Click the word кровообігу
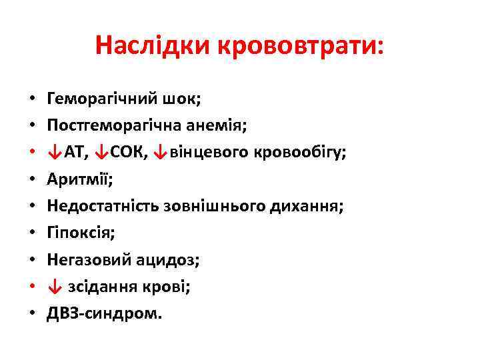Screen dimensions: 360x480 (x=298, y=153)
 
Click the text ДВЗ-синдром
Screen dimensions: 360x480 (x=104, y=313)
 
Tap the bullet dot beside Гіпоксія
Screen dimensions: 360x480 (x=33, y=234)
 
